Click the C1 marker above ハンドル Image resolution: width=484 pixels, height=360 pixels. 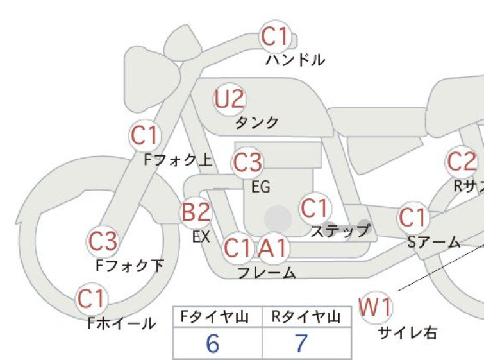[x=275, y=37]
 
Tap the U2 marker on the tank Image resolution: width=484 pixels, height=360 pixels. [x=229, y=99]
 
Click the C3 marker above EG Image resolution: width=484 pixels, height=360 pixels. [x=247, y=162]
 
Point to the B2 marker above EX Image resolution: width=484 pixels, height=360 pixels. [x=196, y=212]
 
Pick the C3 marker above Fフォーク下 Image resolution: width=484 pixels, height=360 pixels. [x=103, y=241]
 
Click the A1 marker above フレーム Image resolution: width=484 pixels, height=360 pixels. [x=274, y=248]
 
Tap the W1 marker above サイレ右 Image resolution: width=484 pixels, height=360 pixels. [x=376, y=307]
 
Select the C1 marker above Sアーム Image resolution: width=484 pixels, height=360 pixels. [x=413, y=218]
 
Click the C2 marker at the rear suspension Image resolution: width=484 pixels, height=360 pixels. [x=461, y=162]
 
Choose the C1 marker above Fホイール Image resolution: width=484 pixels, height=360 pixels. [x=92, y=299]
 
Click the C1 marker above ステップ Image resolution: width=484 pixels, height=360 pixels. [x=315, y=208]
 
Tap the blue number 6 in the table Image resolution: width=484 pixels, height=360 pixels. [x=213, y=343]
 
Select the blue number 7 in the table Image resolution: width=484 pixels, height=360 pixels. [x=301, y=343]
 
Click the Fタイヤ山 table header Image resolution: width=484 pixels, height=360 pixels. [x=214, y=317]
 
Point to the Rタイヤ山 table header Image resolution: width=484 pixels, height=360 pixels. [x=306, y=317]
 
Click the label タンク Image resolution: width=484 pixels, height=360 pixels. [x=257, y=123]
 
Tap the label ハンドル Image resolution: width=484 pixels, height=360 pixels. [x=295, y=60]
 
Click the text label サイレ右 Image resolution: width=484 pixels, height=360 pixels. [x=408, y=333]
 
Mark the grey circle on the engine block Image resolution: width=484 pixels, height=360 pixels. [x=278, y=219]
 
